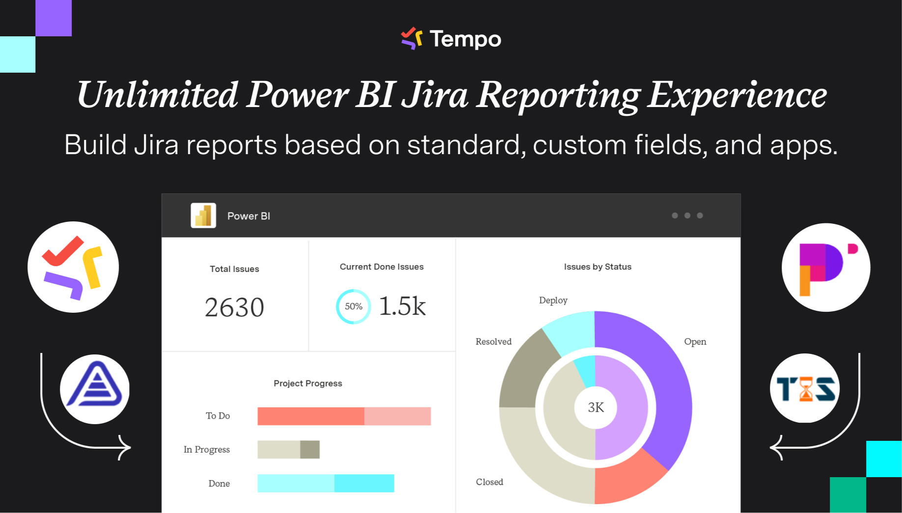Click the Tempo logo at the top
click(451, 39)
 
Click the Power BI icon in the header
click(203, 216)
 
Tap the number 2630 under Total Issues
click(234, 308)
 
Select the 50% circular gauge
click(353, 306)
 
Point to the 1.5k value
click(402, 306)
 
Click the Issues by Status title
click(598, 267)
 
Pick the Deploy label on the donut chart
click(553, 300)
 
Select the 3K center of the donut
click(596, 407)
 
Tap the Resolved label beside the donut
click(493, 341)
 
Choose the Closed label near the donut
click(489, 482)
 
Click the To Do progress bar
click(344, 416)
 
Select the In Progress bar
click(288, 449)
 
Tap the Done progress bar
click(326, 483)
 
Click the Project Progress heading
click(308, 383)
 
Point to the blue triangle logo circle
click(95, 389)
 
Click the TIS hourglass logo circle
click(805, 388)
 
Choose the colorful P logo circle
click(826, 268)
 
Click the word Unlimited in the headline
click(158, 95)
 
